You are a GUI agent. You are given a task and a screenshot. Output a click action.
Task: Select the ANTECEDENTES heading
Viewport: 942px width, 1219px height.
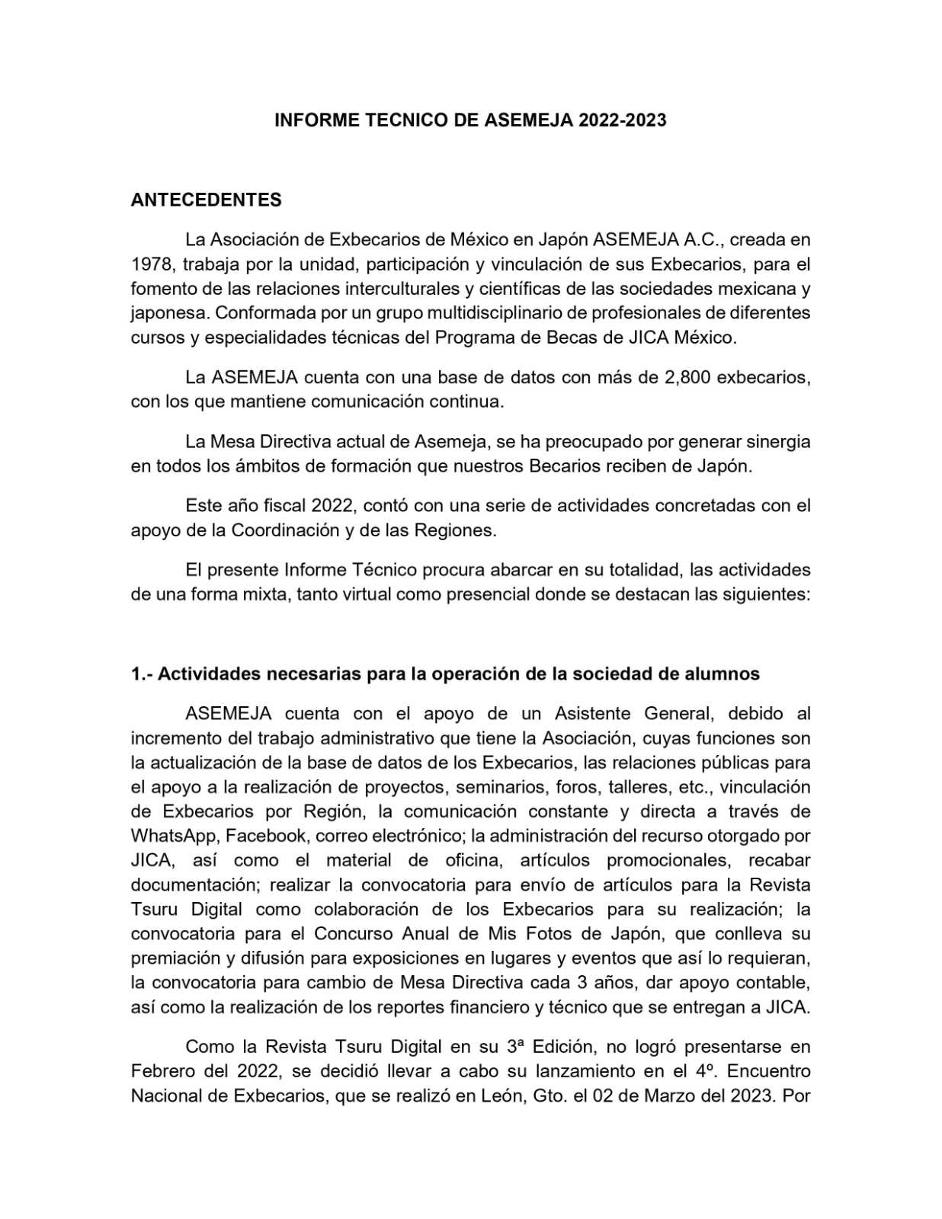[206, 200]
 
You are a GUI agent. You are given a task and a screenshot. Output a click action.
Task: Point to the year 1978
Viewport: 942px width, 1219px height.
[152, 264]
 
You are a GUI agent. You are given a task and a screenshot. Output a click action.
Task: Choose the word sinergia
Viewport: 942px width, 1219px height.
[777, 442]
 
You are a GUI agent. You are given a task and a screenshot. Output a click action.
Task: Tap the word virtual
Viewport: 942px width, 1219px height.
[353, 594]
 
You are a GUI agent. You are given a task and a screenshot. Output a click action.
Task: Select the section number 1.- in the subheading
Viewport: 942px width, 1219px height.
[142, 674]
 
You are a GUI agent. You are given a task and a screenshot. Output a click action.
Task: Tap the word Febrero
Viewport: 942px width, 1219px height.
[162, 1071]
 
